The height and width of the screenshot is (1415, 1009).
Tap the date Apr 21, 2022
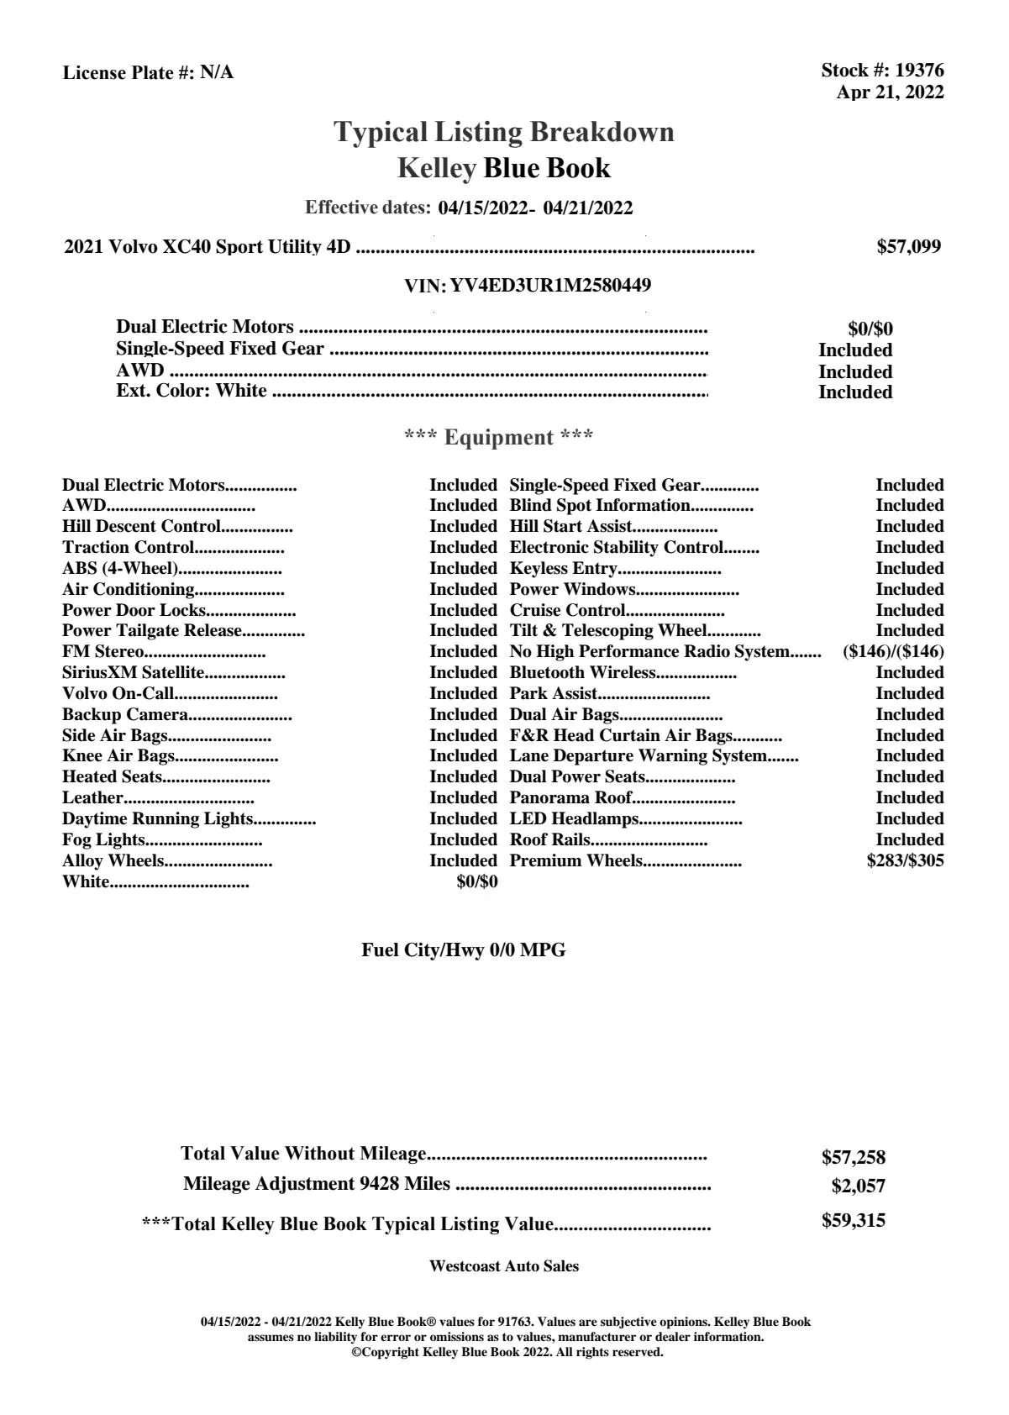click(890, 92)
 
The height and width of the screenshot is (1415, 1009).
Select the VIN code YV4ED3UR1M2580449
click(550, 286)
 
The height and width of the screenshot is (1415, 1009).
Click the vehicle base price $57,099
click(908, 247)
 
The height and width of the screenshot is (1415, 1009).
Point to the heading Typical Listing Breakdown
click(504, 132)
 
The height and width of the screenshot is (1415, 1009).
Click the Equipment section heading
click(499, 438)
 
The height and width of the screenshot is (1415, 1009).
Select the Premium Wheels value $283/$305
click(905, 860)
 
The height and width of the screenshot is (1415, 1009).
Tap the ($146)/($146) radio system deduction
click(892, 652)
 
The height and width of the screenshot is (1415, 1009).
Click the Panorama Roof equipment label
click(570, 797)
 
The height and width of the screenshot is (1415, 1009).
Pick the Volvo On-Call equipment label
click(118, 693)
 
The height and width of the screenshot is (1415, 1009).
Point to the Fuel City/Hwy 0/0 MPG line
click(463, 950)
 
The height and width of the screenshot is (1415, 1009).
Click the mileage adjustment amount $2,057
click(858, 1186)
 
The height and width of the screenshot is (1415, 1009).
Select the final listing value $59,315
click(853, 1221)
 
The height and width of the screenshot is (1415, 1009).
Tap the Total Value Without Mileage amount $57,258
click(853, 1158)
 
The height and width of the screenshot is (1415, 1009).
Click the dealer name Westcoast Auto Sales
click(504, 1266)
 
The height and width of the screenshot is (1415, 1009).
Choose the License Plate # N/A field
click(149, 73)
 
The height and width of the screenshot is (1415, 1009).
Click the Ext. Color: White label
click(192, 391)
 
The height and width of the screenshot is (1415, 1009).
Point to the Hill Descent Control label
click(141, 527)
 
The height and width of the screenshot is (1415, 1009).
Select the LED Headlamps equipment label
click(574, 818)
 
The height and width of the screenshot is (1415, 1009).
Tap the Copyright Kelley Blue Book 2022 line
click(507, 1352)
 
